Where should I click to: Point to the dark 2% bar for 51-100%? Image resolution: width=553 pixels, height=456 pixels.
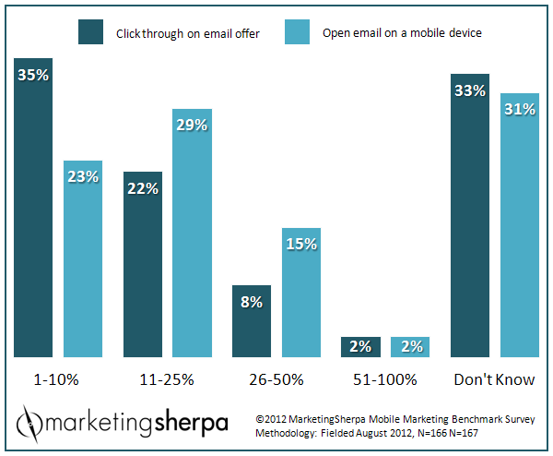click(360, 346)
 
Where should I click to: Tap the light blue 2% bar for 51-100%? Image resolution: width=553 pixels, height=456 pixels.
click(410, 346)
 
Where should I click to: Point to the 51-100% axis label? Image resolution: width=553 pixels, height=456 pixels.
click(385, 378)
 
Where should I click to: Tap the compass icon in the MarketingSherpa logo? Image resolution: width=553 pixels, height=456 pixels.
click(30, 423)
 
